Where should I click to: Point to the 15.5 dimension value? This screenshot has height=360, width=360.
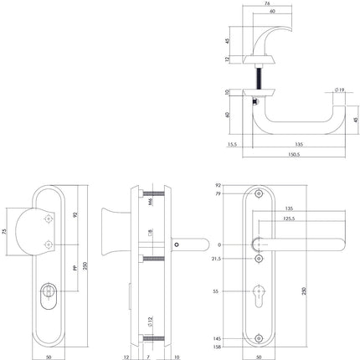pyautogui.click(x=233, y=144)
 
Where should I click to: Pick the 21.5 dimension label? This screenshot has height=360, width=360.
pyautogui.click(x=218, y=260)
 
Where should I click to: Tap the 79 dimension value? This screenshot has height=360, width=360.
pyautogui.click(x=219, y=193)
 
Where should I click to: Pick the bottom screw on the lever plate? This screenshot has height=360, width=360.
pyautogui.click(x=257, y=337)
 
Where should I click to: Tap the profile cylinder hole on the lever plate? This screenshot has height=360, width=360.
pyautogui.click(x=257, y=293)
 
